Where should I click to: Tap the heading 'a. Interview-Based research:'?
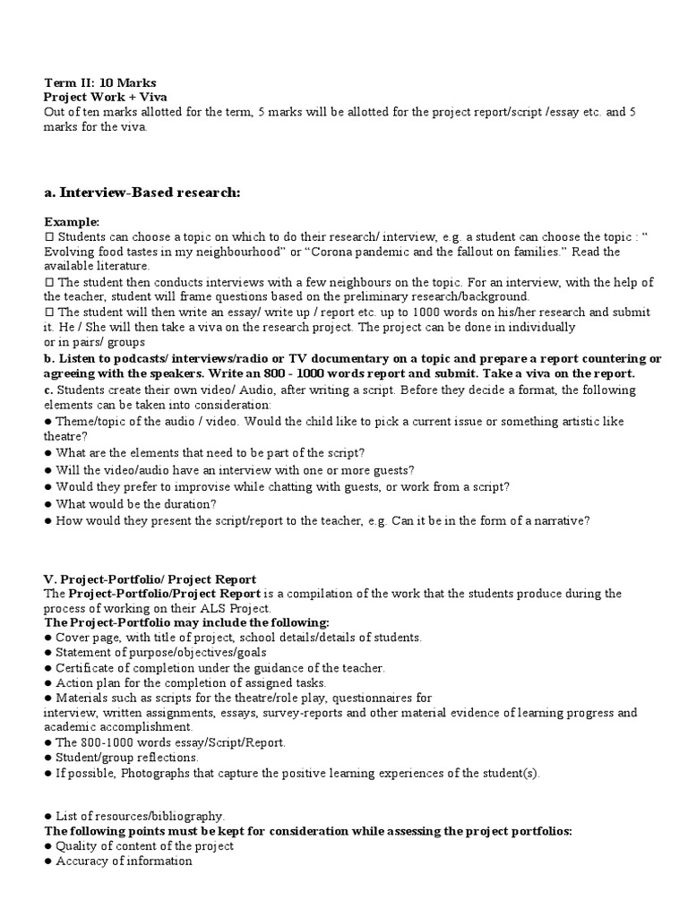tap(142, 193)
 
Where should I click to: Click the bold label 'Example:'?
tap(73, 221)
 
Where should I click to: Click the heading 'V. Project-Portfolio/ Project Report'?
tap(150, 578)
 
